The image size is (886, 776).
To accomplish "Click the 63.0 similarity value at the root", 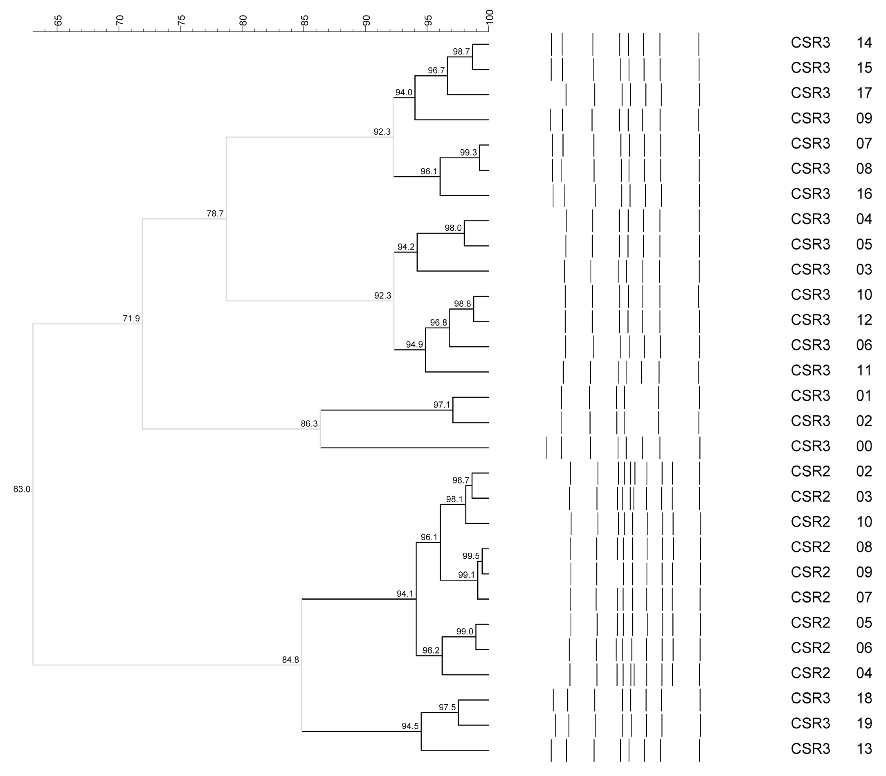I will pos(22,489).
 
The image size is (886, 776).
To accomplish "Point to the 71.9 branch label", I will pos(131,319).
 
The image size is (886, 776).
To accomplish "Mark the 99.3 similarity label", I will pos(468,152).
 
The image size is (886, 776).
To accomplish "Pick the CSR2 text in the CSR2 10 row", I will pos(810,522).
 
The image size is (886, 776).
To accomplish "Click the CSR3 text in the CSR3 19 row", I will pos(810,724).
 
